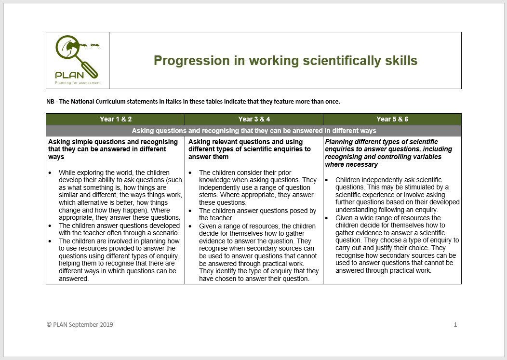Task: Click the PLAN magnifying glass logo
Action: click(77, 58)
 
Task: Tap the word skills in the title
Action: click(400, 61)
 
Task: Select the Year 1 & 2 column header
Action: click(116, 119)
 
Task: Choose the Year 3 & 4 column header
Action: click(254, 119)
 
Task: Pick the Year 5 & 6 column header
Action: click(392, 119)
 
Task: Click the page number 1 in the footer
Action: click(455, 325)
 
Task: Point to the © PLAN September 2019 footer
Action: click(80, 325)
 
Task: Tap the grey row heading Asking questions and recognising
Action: click(254, 131)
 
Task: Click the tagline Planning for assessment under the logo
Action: click(78, 83)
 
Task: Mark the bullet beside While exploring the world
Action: click(51, 173)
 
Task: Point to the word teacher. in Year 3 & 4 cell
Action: click(222, 218)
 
